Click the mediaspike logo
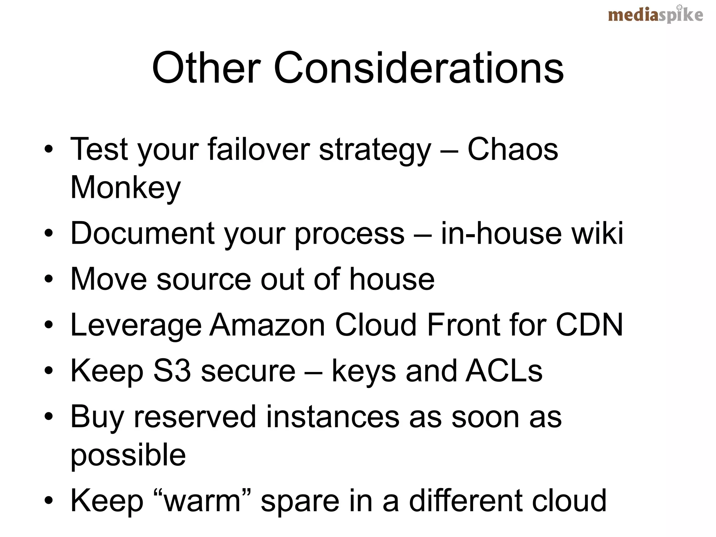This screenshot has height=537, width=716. point(655,15)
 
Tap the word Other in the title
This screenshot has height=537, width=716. point(206,68)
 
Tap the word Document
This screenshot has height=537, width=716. point(143,233)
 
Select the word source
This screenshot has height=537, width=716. point(204,279)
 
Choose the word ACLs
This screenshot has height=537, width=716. point(504,371)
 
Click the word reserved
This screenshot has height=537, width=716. point(195,417)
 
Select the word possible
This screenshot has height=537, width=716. point(128,455)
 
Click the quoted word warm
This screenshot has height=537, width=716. point(202,501)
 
